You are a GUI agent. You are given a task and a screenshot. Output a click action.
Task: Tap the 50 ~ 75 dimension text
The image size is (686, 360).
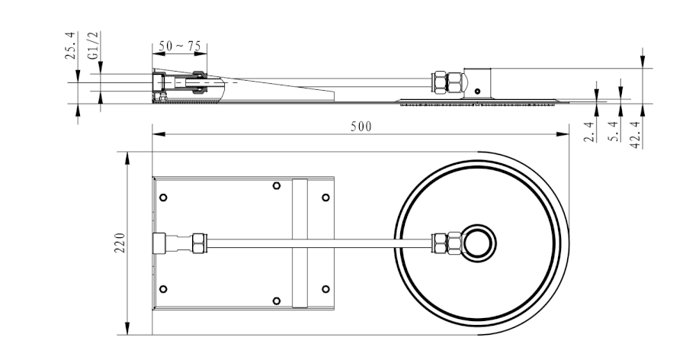(x=180, y=47)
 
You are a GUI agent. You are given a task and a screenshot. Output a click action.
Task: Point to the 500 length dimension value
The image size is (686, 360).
(x=361, y=127)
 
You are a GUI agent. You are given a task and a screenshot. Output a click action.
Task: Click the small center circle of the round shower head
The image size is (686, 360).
(x=479, y=243)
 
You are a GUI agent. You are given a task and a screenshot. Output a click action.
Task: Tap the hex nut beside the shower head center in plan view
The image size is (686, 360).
(x=447, y=243)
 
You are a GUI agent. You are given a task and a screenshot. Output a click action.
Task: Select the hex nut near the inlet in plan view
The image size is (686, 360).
(x=199, y=243)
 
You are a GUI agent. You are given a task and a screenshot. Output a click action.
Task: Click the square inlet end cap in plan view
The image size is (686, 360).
(x=161, y=243)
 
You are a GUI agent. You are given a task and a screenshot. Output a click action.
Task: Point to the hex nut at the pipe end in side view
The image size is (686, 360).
(x=447, y=83)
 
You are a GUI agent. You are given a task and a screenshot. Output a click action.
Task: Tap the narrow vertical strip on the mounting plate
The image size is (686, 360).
(x=300, y=243)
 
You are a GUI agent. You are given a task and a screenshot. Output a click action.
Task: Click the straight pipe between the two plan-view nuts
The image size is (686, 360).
(x=320, y=243)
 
